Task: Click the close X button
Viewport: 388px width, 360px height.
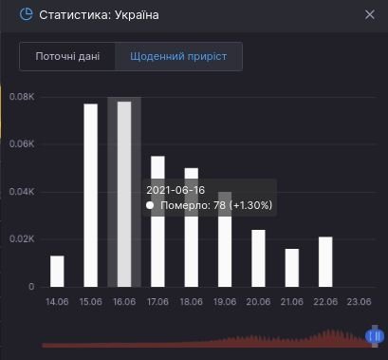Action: (370, 14)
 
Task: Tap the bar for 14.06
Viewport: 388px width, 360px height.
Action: (57, 271)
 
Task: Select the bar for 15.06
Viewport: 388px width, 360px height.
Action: (90, 195)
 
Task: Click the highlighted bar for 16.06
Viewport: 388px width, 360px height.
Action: (123, 194)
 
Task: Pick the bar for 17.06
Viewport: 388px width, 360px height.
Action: (157, 220)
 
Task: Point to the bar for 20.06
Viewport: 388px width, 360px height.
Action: (258, 257)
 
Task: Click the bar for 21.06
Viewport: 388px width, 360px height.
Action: (292, 267)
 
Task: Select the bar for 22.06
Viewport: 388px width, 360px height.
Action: (325, 261)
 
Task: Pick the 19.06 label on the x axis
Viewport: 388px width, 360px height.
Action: (225, 302)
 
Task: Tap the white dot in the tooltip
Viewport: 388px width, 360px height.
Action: (149, 205)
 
